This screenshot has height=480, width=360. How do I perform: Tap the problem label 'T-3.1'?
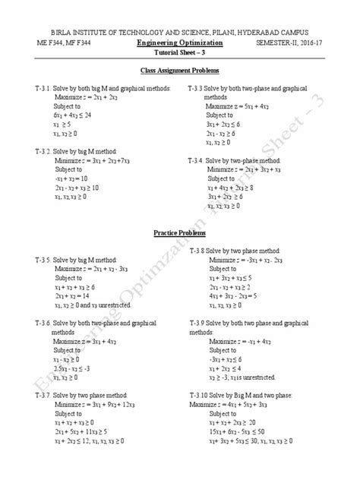click(35, 90)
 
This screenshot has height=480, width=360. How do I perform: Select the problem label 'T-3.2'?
click(35, 151)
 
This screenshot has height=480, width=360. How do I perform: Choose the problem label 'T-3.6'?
click(35, 323)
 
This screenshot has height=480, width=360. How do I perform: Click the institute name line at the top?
click(180, 33)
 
